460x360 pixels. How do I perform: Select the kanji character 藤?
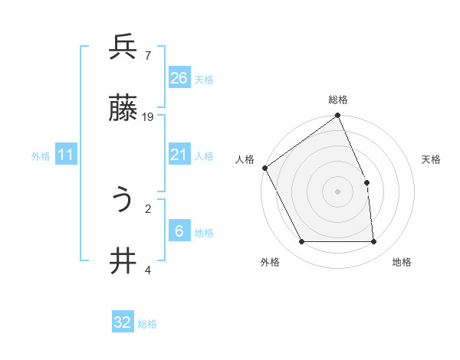(x=123, y=110)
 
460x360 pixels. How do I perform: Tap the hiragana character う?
(x=123, y=201)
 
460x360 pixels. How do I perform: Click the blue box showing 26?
(x=179, y=77)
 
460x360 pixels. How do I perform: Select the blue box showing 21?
(x=179, y=155)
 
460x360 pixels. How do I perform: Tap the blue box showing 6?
(x=179, y=231)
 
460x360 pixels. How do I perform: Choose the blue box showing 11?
(x=66, y=155)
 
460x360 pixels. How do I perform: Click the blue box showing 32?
(x=123, y=322)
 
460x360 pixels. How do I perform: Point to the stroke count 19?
(x=148, y=117)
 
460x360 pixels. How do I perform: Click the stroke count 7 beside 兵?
(x=147, y=55)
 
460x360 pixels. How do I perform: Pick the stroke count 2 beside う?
(x=147, y=208)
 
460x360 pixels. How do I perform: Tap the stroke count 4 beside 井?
(x=147, y=270)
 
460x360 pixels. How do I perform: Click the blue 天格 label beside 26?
(x=204, y=79)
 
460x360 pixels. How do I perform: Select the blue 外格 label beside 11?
(x=41, y=156)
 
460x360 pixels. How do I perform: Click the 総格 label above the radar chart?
(x=338, y=100)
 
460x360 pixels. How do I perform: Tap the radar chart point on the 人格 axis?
(x=264, y=168)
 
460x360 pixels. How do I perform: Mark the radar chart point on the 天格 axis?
(x=366, y=182)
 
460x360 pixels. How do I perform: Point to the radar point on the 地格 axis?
(x=374, y=242)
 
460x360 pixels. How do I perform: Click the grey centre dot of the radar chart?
(x=338, y=191)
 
